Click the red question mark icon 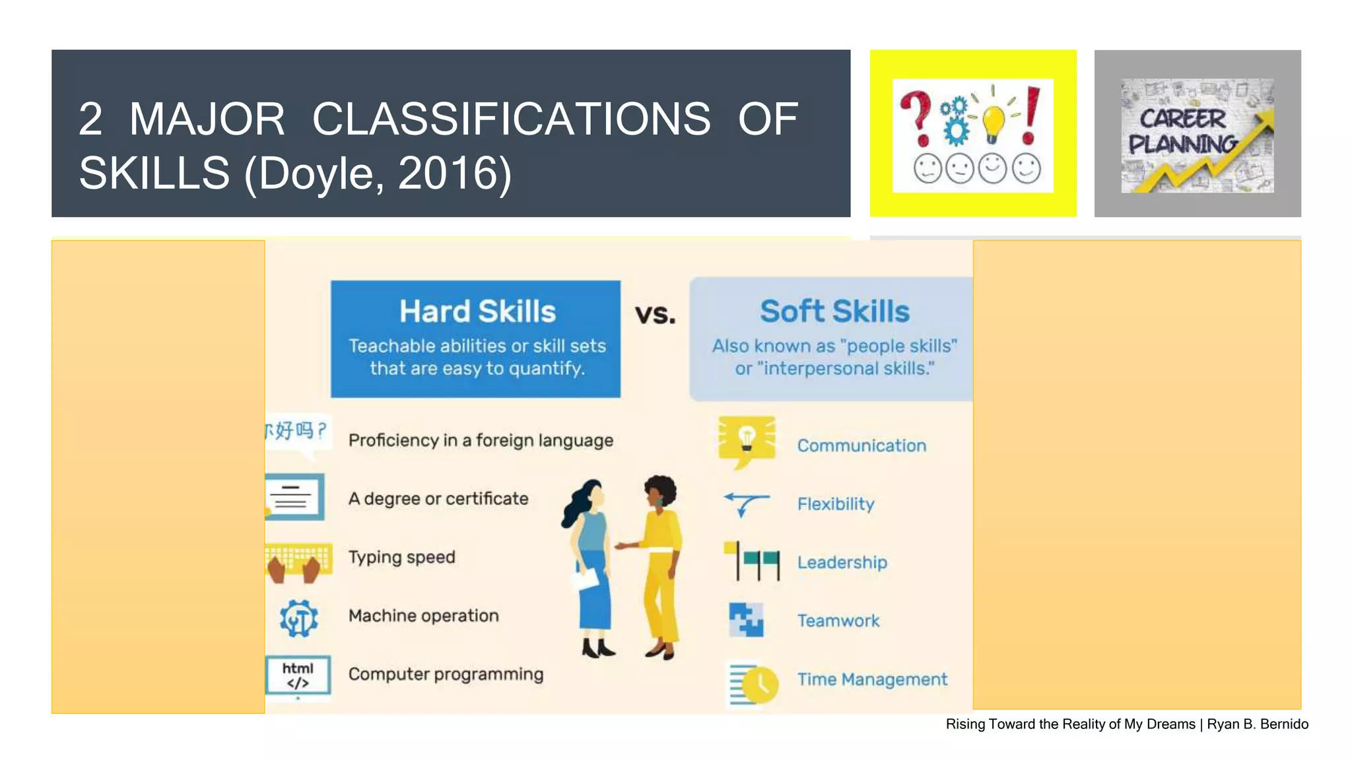(918, 117)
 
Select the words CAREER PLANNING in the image (1182, 131)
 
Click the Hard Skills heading (477, 311)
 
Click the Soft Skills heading (834, 311)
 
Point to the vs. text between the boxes (655, 315)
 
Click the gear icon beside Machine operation (298, 618)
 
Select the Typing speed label (401, 557)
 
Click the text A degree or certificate (438, 499)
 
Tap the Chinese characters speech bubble (296, 432)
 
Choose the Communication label (861, 446)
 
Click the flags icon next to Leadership (753, 561)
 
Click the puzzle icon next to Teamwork (746, 620)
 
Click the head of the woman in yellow (660, 491)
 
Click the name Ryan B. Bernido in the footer (1257, 724)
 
